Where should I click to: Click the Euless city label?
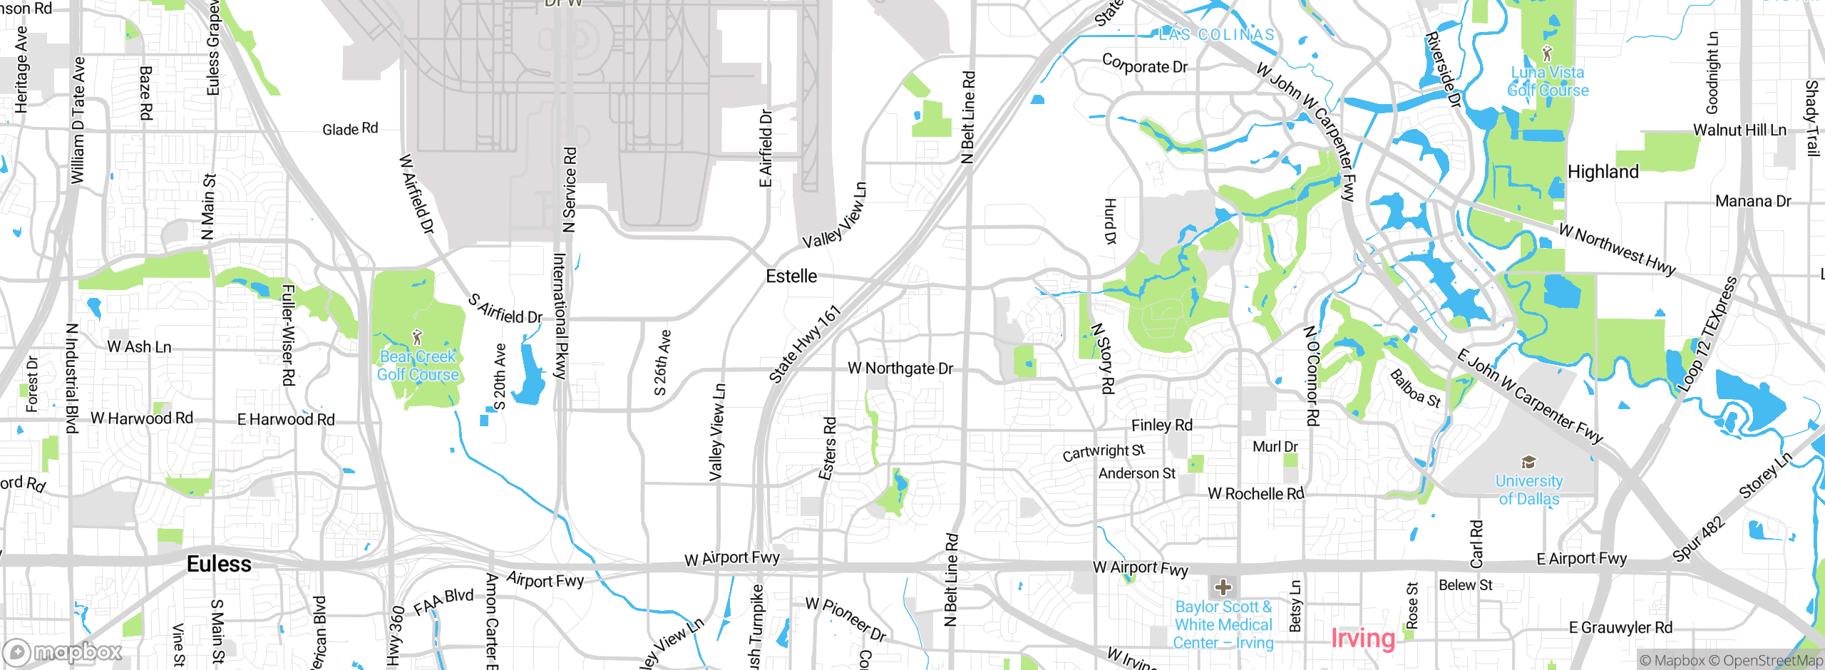pyautogui.click(x=219, y=565)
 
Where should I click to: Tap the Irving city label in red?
pyautogui.click(x=1362, y=638)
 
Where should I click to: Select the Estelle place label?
pyautogui.click(x=791, y=277)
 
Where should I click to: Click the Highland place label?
pyautogui.click(x=1603, y=172)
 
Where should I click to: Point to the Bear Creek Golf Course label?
pyautogui.click(x=418, y=366)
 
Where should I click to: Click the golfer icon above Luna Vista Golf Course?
pyautogui.click(x=1546, y=53)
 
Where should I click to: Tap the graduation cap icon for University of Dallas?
pyautogui.click(x=1528, y=463)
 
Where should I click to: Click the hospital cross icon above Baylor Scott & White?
pyautogui.click(x=1223, y=587)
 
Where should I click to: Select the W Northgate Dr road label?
pyautogui.click(x=900, y=368)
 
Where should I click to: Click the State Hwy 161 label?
pyautogui.click(x=805, y=344)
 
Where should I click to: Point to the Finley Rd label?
pyautogui.click(x=1161, y=426)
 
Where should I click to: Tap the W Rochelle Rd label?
pyautogui.click(x=1255, y=494)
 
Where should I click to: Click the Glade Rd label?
pyautogui.click(x=350, y=129)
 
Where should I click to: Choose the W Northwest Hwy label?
pyautogui.click(x=1616, y=250)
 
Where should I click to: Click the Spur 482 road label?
pyautogui.click(x=1699, y=539)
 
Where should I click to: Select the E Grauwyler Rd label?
pyautogui.click(x=1620, y=628)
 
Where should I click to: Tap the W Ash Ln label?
pyautogui.click(x=139, y=347)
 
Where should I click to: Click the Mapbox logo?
pyautogui.click(x=63, y=652)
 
